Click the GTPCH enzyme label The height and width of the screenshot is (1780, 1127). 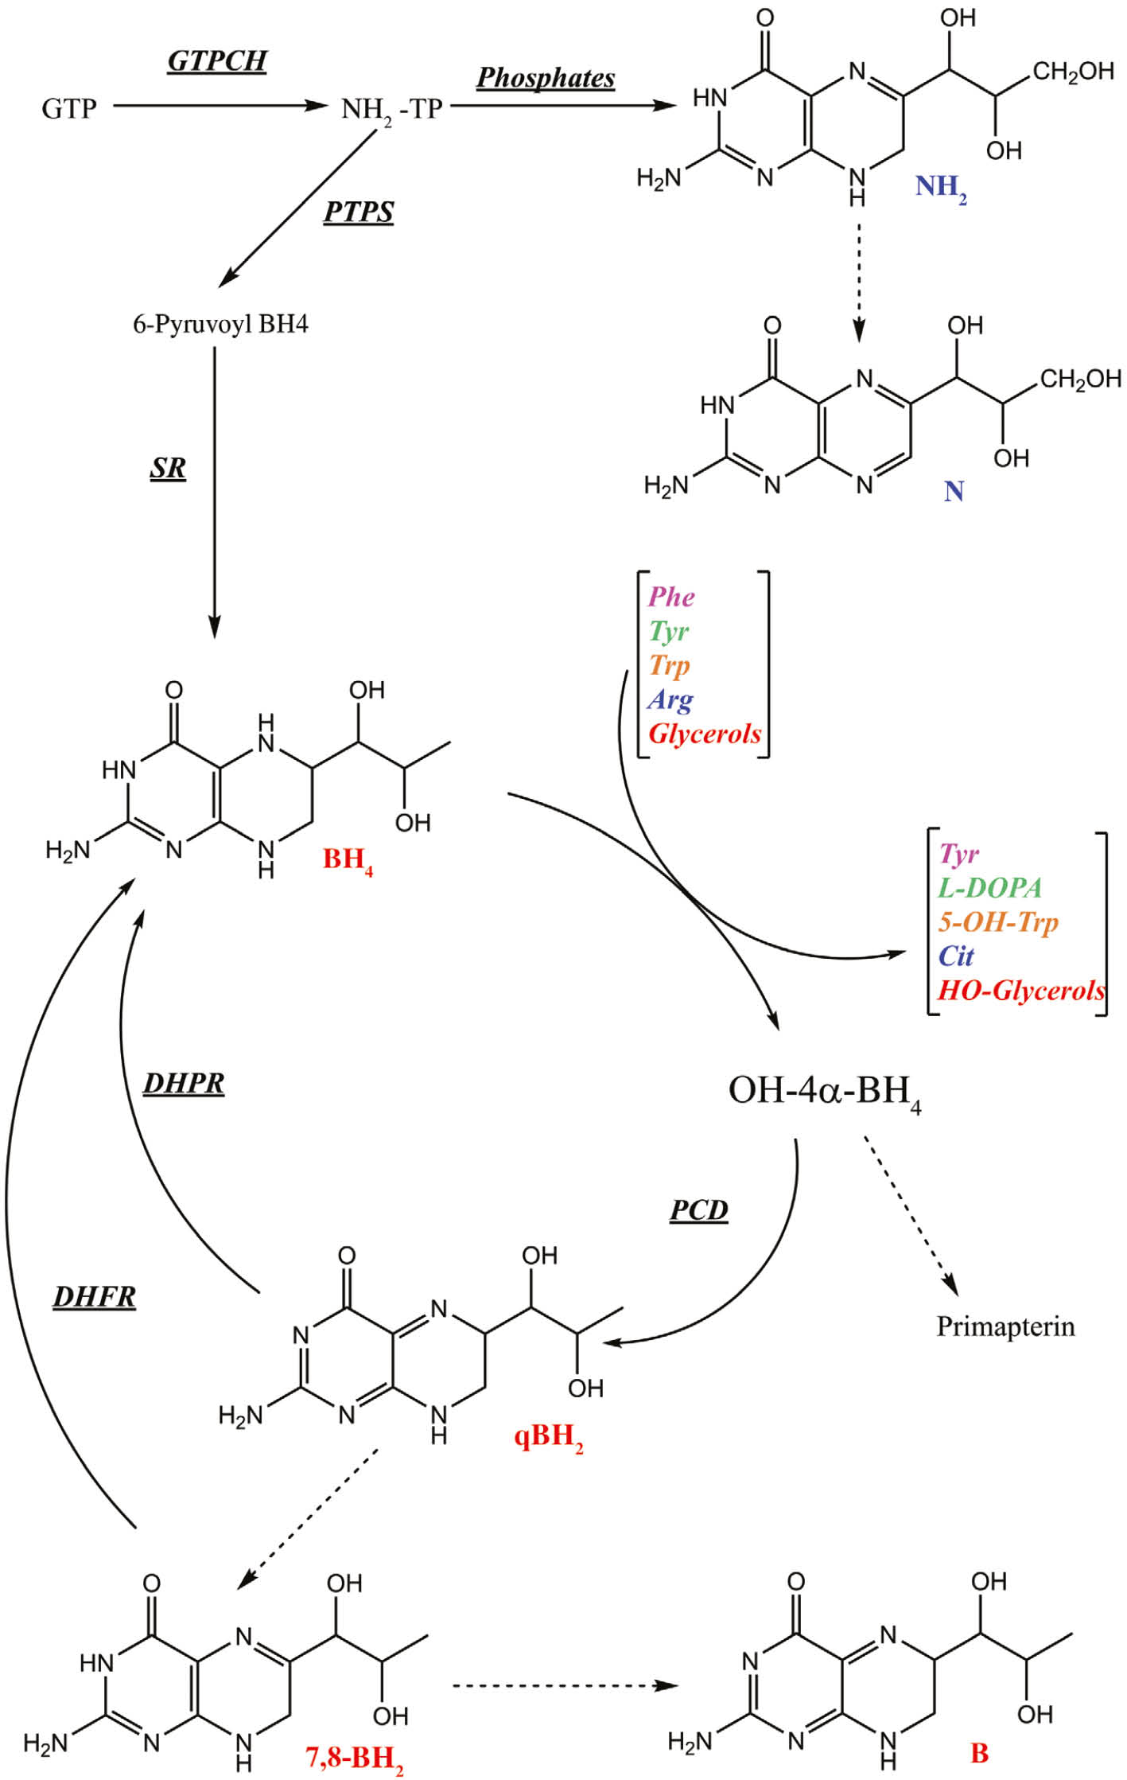[216, 61]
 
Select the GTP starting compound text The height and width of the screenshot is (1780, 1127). [69, 108]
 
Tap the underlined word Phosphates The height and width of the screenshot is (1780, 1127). [546, 78]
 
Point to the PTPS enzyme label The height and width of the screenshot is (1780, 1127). [358, 212]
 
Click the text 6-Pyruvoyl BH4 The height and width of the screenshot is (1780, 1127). [220, 325]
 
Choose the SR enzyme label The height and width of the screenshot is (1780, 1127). [168, 468]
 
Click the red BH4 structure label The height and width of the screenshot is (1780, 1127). [347, 860]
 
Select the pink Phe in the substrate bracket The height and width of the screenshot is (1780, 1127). [671, 597]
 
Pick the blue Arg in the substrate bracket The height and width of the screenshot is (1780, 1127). [670, 699]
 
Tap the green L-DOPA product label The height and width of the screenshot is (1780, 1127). [989, 887]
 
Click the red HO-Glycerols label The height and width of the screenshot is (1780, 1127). [1020, 990]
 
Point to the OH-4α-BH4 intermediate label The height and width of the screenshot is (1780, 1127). [824, 1091]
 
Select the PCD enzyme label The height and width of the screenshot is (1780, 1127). [698, 1209]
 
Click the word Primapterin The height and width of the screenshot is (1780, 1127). [1005, 1326]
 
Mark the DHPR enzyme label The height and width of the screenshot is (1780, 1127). [184, 1083]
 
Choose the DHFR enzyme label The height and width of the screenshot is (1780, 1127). [94, 1297]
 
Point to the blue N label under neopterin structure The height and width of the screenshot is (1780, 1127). [954, 491]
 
